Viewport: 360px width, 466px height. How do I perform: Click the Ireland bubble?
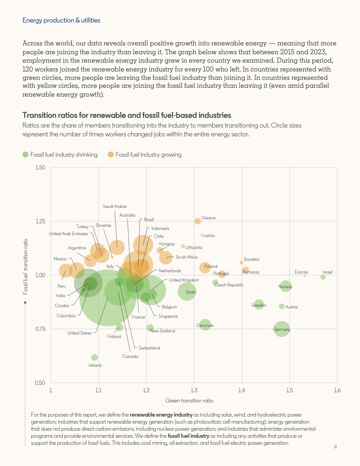(x=94, y=357)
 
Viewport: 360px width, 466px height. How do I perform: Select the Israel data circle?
(x=323, y=277)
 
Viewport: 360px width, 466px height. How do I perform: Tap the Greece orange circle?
(x=198, y=221)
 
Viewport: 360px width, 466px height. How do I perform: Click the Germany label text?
(x=281, y=330)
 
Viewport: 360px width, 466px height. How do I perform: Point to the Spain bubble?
(x=187, y=291)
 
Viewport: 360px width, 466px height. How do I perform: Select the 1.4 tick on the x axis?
(x=242, y=390)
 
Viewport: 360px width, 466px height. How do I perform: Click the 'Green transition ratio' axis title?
(x=189, y=401)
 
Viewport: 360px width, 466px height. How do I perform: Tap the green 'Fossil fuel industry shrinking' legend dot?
(x=25, y=154)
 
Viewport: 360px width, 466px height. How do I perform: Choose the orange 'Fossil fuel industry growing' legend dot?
(x=111, y=154)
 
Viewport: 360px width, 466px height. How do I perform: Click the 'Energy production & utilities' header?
(x=61, y=20)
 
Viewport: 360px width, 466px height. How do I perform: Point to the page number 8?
(x=335, y=447)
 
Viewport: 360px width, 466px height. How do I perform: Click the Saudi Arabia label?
(x=115, y=206)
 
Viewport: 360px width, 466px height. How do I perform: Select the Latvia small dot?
(x=201, y=235)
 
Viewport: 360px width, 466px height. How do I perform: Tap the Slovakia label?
(x=251, y=259)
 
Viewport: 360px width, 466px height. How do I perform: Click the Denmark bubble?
(x=205, y=325)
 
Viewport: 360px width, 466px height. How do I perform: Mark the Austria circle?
(x=281, y=306)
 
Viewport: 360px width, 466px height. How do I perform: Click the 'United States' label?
(x=79, y=333)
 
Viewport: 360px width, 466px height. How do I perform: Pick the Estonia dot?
(x=305, y=276)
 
